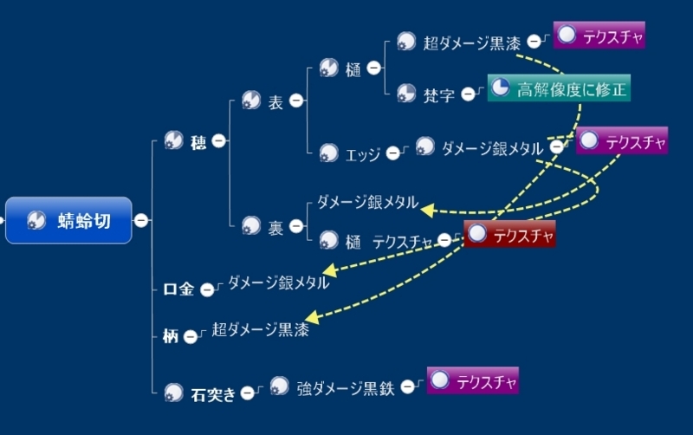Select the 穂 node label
(198, 140)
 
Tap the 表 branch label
(275, 102)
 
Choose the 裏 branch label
(275, 228)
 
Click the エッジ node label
(363, 154)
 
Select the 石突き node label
(212, 394)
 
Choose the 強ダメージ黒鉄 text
(345, 388)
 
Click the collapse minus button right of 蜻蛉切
(141, 220)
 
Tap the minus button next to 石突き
(248, 393)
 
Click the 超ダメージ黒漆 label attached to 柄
(259, 329)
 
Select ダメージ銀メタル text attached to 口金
(278, 282)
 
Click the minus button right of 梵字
(469, 94)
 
